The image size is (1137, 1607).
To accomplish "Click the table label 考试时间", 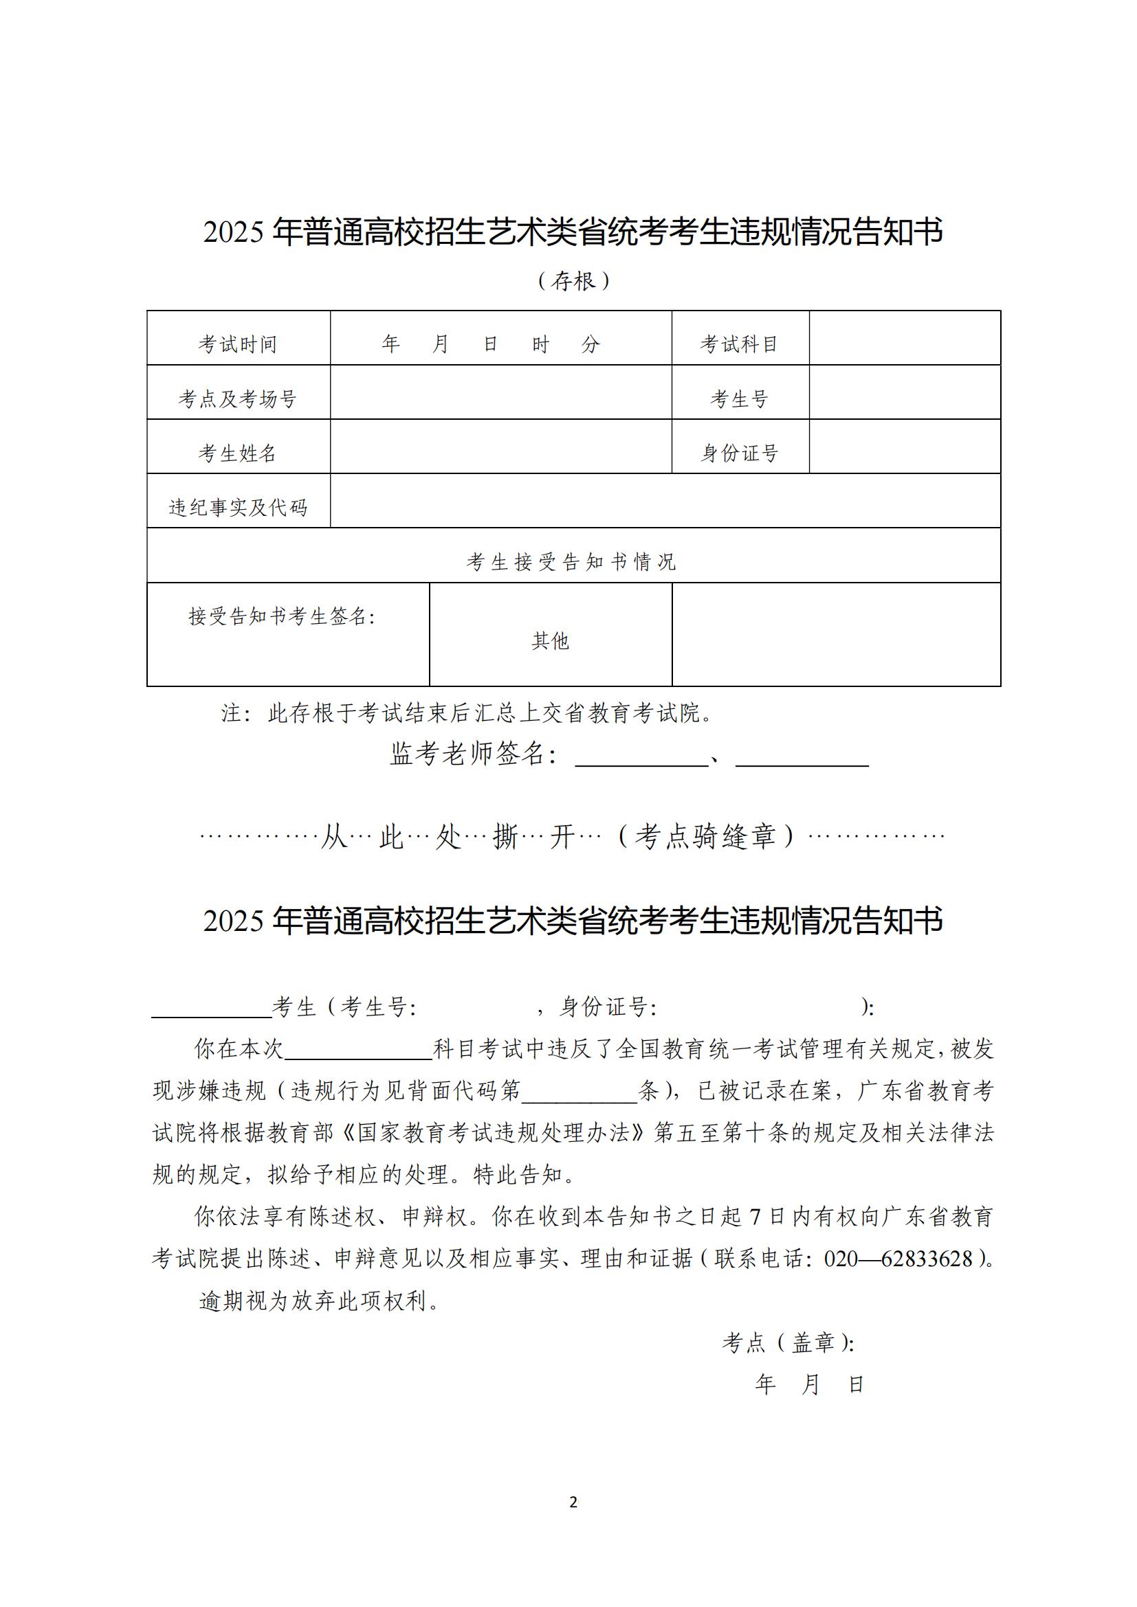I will tap(237, 344).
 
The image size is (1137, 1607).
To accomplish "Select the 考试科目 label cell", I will tap(740, 344).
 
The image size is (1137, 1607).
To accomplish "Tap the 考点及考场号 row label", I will tap(237, 399).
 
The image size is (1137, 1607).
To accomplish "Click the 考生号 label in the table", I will tap(740, 399).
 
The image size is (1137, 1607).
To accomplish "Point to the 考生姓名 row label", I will tap(237, 453).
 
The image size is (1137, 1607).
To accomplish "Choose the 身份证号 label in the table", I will tap(740, 453).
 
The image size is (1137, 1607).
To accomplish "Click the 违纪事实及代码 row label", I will tap(237, 508).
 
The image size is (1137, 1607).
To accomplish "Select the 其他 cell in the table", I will tap(551, 640).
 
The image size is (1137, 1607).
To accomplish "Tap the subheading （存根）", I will tap(573, 282).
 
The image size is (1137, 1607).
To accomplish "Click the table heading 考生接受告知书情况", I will tap(572, 561).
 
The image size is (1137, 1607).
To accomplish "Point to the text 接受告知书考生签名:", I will tap(281, 616).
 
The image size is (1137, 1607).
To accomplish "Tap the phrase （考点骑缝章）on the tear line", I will tap(707, 835).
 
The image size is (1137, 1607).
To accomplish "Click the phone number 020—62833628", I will tap(898, 1259).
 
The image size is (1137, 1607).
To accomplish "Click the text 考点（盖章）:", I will tap(788, 1342).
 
